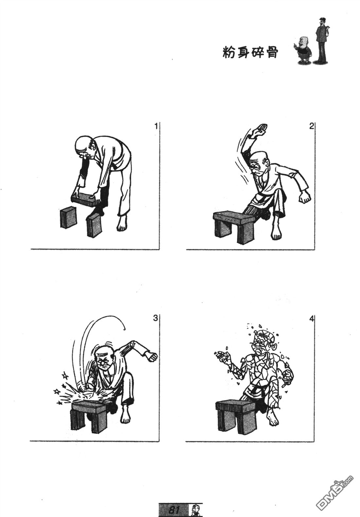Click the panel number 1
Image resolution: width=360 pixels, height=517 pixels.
pos(156,126)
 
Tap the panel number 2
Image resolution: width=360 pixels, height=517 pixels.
pos(312,126)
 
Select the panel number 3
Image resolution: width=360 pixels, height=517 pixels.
pos(155,318)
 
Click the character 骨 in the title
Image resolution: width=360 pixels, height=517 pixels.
pos(272,52)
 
